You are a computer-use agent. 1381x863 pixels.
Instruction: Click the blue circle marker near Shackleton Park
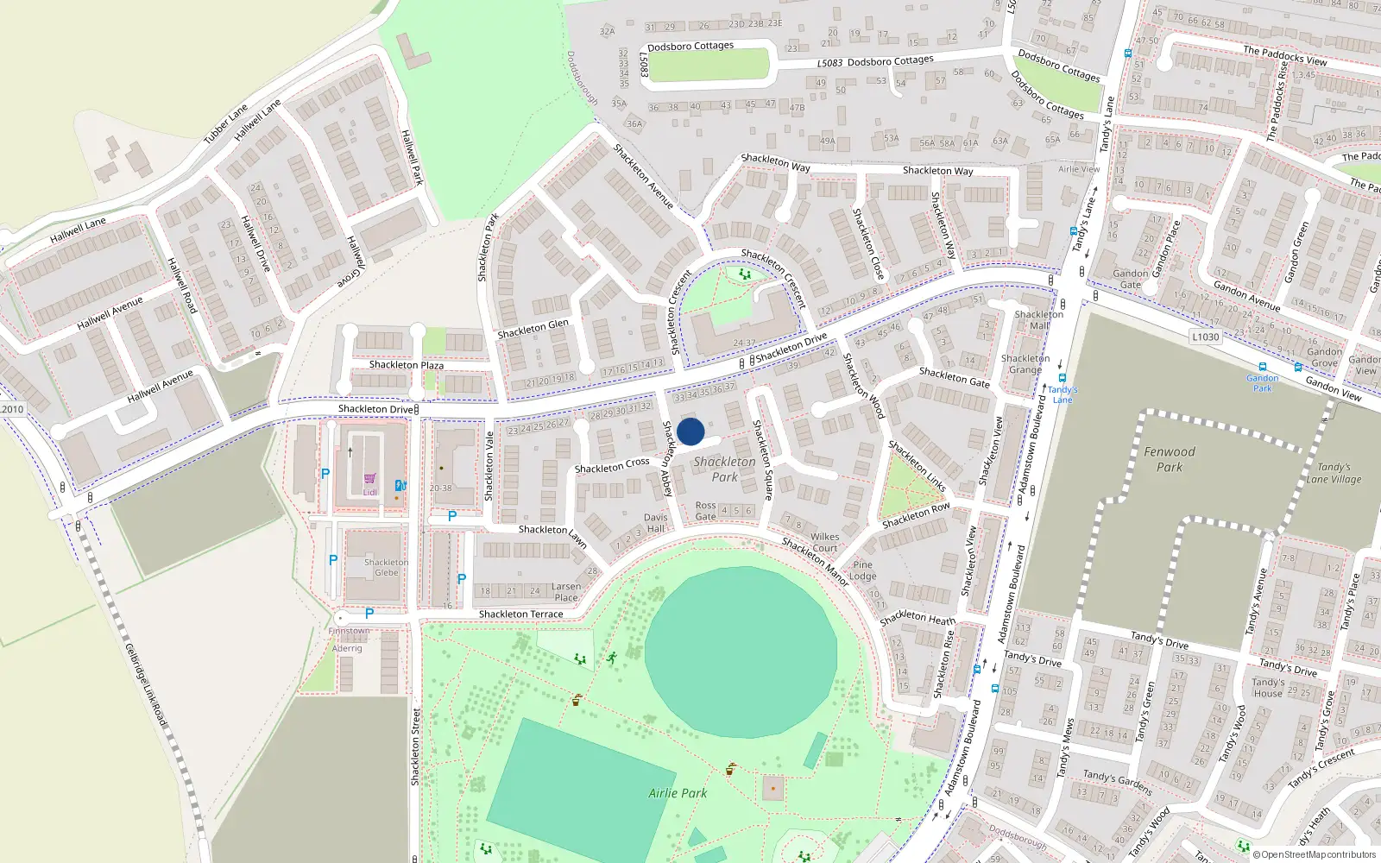click(x=690, y=431)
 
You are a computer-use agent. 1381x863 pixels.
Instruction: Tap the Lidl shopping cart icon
click(x=369, y=479)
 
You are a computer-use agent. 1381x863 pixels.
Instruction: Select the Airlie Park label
click(x=678, y=793)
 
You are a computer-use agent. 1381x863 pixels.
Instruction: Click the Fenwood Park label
click(x=1170, y=459)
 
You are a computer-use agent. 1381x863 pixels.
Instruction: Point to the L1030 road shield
click(x=1205, y=337)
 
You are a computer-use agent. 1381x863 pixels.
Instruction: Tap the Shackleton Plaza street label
click(x=406, y=365)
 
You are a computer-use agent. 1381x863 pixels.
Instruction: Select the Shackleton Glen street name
click(x=533, y=329)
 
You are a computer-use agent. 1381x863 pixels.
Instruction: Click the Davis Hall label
click(x=656, y=523)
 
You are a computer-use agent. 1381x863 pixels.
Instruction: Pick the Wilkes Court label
click(x=824, y=542)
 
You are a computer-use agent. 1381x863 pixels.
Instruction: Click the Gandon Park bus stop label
click(x=1262, y=383)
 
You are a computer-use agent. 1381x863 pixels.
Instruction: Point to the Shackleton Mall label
click(x=1038, y=319)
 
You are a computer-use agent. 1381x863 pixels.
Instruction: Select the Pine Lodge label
click(x=862, y=570)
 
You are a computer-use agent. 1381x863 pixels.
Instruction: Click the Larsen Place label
click(x=566, y=591)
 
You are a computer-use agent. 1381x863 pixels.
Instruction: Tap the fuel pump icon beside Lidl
click(x=400, y=486)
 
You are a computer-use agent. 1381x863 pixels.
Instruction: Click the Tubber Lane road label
click(x=225, y=123)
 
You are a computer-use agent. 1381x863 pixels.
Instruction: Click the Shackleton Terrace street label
click(x=520, y=614)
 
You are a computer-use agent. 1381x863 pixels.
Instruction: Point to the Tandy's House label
click(x=1268, y=688)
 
